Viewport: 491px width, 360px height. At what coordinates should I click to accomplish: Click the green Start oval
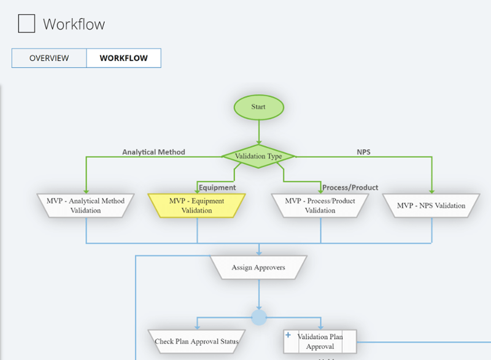point(258,107)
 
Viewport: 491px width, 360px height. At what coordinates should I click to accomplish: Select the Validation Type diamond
point(258,156)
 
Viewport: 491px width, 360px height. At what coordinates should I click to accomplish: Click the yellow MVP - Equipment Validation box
point(196,205)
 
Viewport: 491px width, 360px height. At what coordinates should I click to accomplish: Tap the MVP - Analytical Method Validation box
point(85,205)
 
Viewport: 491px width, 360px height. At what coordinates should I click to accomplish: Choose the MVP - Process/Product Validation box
point(320,205)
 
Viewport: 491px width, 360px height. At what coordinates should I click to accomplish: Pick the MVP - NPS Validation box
point(431,205)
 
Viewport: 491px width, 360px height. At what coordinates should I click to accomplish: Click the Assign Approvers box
point(258,267)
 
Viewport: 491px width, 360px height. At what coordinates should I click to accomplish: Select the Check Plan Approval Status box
point(196,341)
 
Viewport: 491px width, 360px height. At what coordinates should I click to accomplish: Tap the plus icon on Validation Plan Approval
point(288,335)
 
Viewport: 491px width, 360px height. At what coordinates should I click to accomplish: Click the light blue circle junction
point(259,317)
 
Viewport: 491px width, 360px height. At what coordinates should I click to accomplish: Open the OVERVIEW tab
point(49,58)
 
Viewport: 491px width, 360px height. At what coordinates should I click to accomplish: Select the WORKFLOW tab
point(123,58)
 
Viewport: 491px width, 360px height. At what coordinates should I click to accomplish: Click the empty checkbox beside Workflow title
point(26,24)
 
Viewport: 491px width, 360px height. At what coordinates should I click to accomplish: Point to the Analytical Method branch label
point(153,152)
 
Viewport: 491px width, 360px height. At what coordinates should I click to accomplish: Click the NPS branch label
point(363,152)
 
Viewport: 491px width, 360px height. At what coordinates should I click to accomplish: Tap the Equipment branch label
point(217,187)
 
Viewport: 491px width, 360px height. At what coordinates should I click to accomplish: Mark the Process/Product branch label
point(350,187)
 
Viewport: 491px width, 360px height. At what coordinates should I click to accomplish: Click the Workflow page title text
point(74,25)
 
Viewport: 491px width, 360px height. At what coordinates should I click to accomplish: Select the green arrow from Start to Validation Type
point(259,132)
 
